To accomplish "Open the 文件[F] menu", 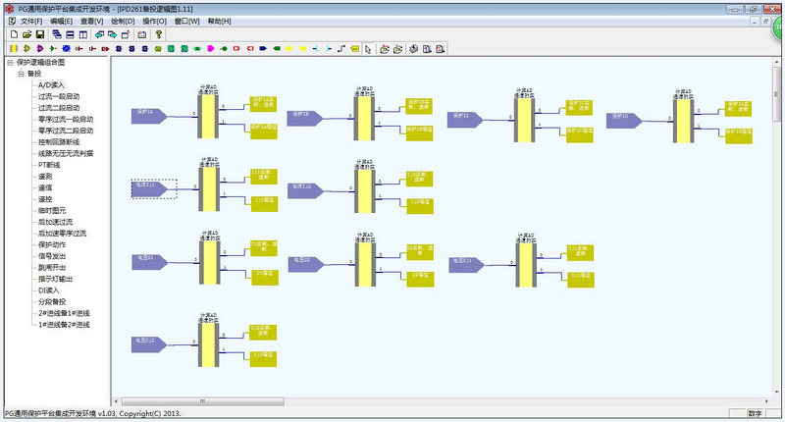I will pos(30,21).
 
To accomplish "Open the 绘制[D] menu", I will pos(123,21).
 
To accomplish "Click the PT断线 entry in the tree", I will pos(49,165).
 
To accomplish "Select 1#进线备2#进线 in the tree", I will pos(65,324).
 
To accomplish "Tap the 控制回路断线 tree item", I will pos(59,142).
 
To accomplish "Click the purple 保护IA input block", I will pos(151,116).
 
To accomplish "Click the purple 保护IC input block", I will pos(467,119).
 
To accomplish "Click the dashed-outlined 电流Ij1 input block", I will pos(153,188).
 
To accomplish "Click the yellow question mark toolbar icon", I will pos(158,33).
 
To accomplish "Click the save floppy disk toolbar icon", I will pos(40,33).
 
